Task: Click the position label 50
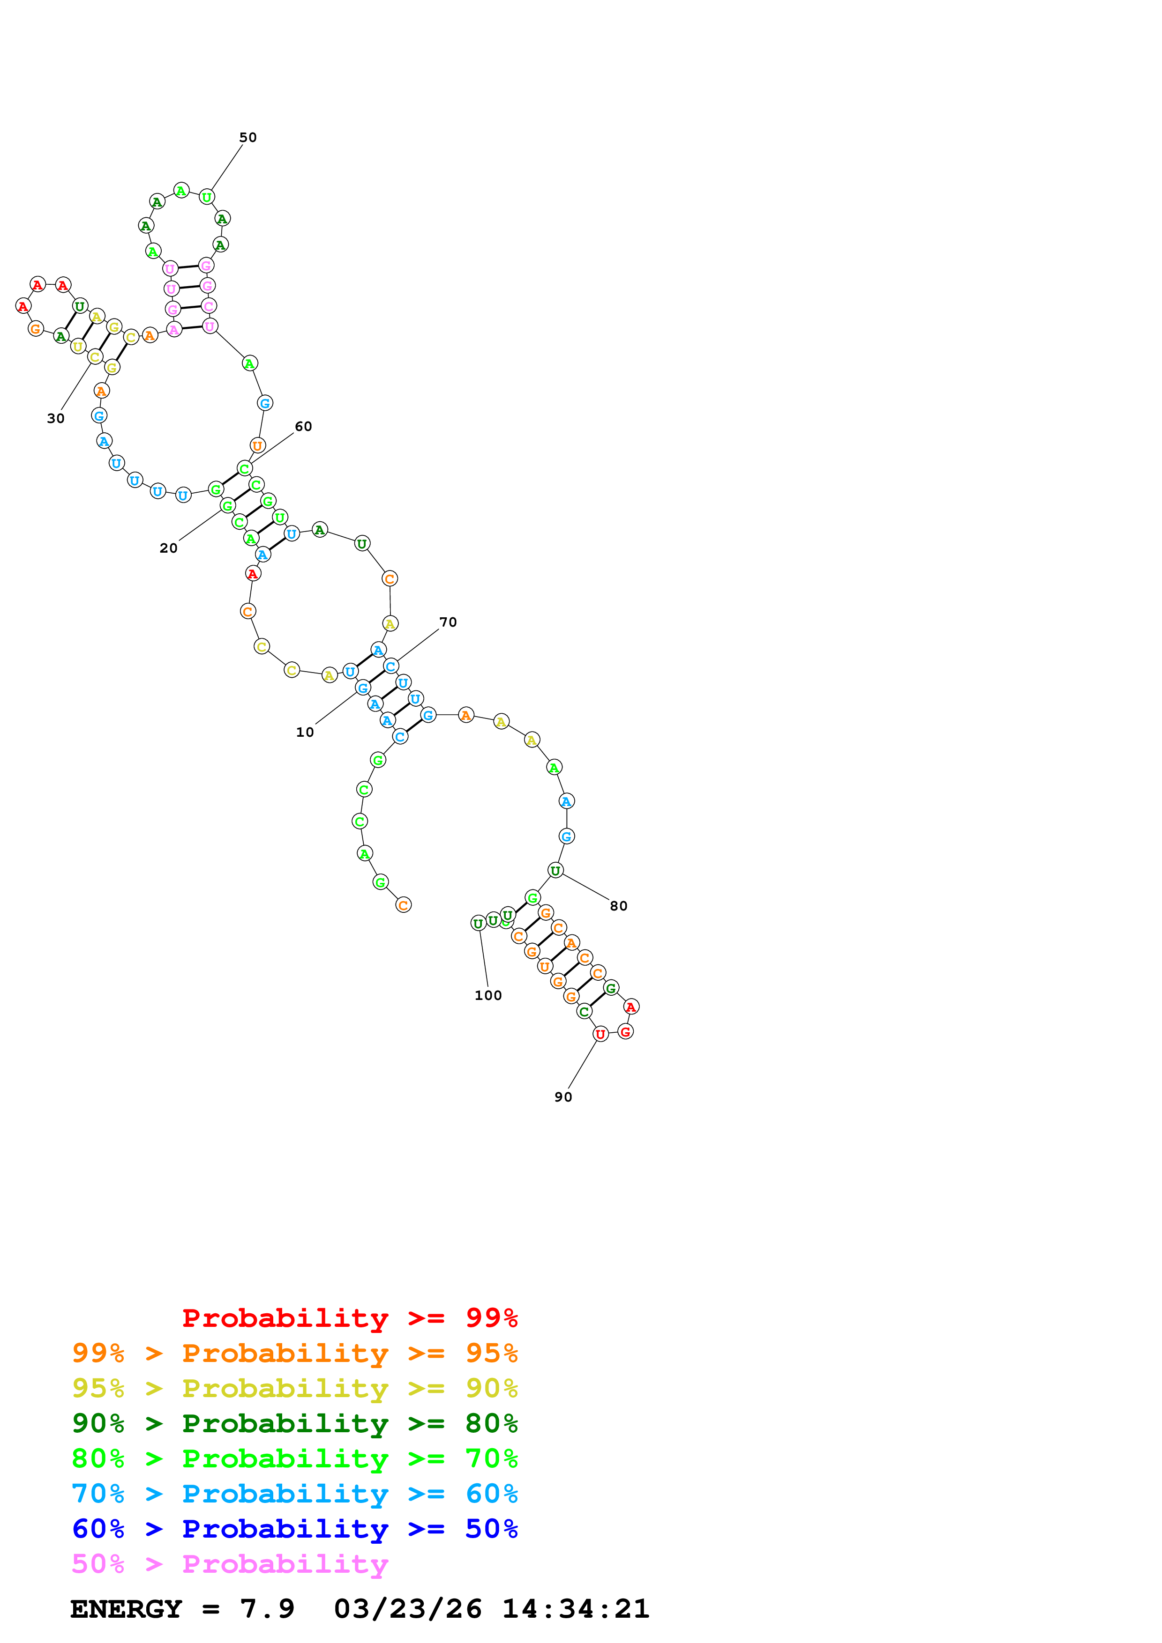[x=247, y=137]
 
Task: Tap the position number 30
[x=56, y=419]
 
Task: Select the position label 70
[x=448, y=622]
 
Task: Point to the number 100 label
[x=488, y=995]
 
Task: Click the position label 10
[x=305, y=732]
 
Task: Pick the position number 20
[x=168, y=548]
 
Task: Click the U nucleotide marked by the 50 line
[x=207, y=197]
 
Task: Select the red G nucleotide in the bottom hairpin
[x=626, y=1031]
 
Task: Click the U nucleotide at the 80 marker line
[x=555, y=870]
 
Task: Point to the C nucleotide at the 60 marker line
[x=245, y=469]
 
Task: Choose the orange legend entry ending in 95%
[x=295, y=1353]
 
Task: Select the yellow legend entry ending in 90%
[x=295, y=1388]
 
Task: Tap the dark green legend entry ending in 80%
[x=295, y=1423]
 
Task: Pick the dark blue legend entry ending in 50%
[x=295, y=1529]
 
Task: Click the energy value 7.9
[x=267, y=1609]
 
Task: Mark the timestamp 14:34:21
[x=576, y=1609]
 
